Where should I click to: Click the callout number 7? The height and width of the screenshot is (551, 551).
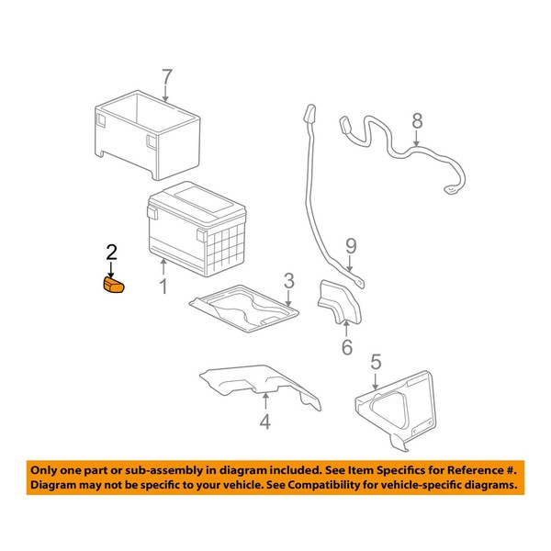[166, 77]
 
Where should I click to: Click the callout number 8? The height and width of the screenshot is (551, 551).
[417, 121]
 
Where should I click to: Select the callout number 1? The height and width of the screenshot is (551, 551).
[163, 288]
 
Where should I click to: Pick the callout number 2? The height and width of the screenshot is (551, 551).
[112, 251]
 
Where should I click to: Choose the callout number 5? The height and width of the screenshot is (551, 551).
[375, 363]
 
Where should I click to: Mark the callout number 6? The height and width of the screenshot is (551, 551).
[346, 347]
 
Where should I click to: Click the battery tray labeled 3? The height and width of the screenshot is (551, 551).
[246, 310]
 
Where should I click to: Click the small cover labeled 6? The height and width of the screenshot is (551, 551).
[338, 305]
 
